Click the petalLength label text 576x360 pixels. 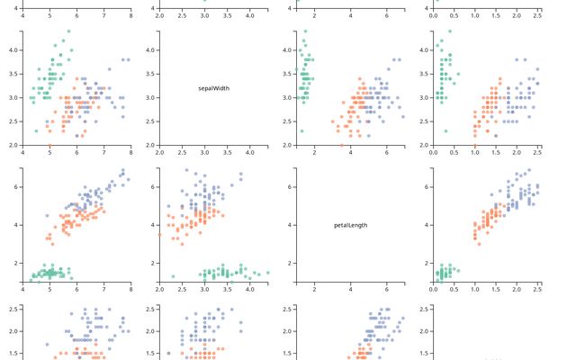coord(351,225)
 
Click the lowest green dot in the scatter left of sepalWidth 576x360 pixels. coord(36,130)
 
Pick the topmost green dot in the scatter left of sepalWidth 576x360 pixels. coord(68,31)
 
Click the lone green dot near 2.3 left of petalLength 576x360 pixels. coord(173,276)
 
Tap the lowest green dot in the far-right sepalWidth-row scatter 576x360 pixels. coord(445,130)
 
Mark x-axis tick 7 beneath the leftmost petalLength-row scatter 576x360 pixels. coord(103,290)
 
